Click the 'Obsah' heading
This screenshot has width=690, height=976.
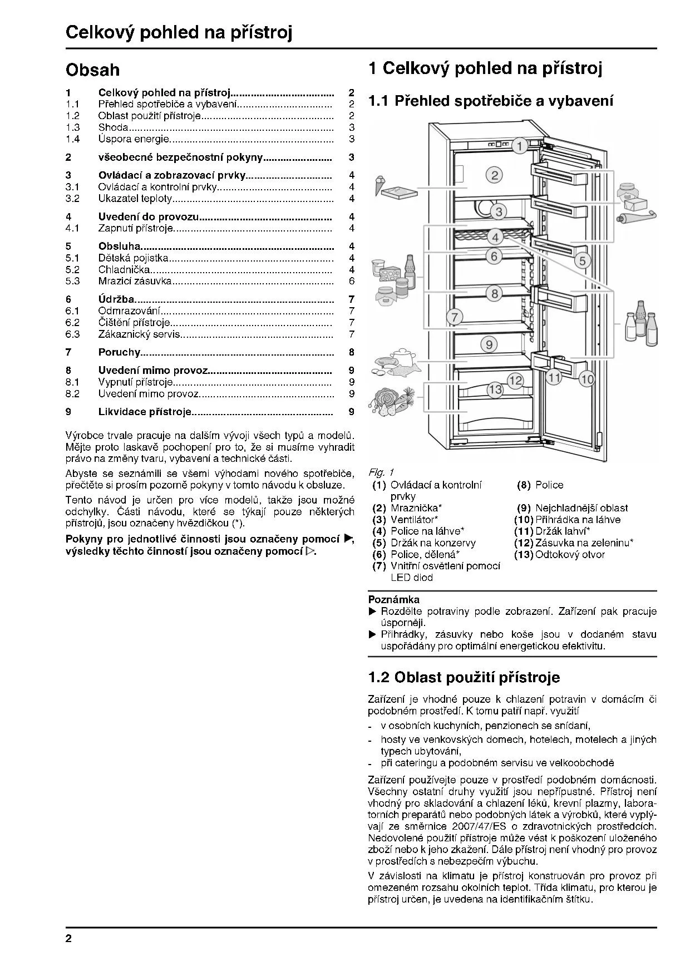92,70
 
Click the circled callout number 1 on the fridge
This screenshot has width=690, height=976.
519,146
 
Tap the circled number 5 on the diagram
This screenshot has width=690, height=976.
582,260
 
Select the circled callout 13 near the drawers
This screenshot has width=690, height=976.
495,390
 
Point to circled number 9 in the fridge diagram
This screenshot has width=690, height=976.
489,344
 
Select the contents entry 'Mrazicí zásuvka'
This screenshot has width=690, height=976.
135,282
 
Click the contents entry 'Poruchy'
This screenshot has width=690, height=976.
119,352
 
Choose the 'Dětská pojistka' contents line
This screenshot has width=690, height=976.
133,258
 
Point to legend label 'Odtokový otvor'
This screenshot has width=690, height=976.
570,555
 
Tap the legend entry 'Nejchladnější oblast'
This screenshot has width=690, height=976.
581,508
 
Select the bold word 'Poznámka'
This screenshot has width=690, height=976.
394,600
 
